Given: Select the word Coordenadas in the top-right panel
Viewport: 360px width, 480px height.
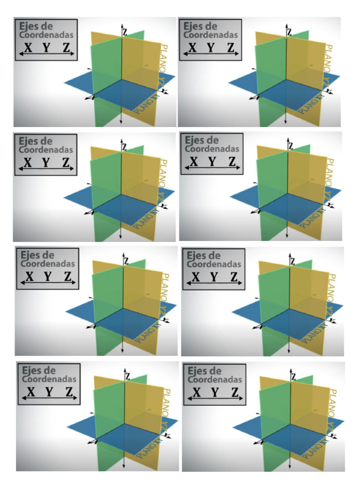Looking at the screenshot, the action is pos(210,35).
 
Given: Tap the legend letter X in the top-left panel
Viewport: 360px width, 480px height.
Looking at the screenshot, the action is pos(29,47).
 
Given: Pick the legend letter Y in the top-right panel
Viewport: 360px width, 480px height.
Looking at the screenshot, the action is pos(211,47).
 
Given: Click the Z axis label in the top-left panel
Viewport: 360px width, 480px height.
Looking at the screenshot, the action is pos(125,32).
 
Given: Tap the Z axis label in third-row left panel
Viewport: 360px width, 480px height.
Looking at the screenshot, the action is pos(126,260).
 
